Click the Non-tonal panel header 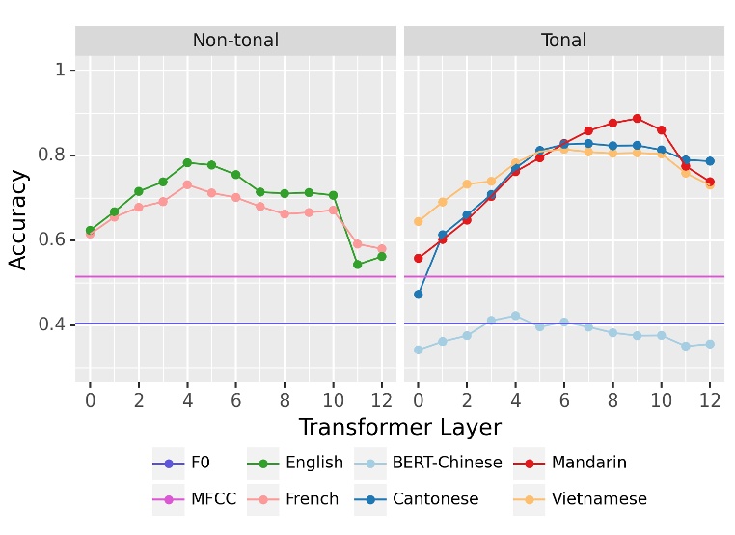coord(235,41)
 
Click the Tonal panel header coord(563,41)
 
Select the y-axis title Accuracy coord(19,220)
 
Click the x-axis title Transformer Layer coord(399,427)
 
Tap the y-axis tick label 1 coord(60,70)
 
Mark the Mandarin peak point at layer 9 coord(637,119)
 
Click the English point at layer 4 coord(187,162)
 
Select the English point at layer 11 coord(358,264)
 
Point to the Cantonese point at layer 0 coord(419,294)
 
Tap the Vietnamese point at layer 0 coord(419,221)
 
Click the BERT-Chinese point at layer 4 coord(515,316)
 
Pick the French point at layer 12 coord(382,249)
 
